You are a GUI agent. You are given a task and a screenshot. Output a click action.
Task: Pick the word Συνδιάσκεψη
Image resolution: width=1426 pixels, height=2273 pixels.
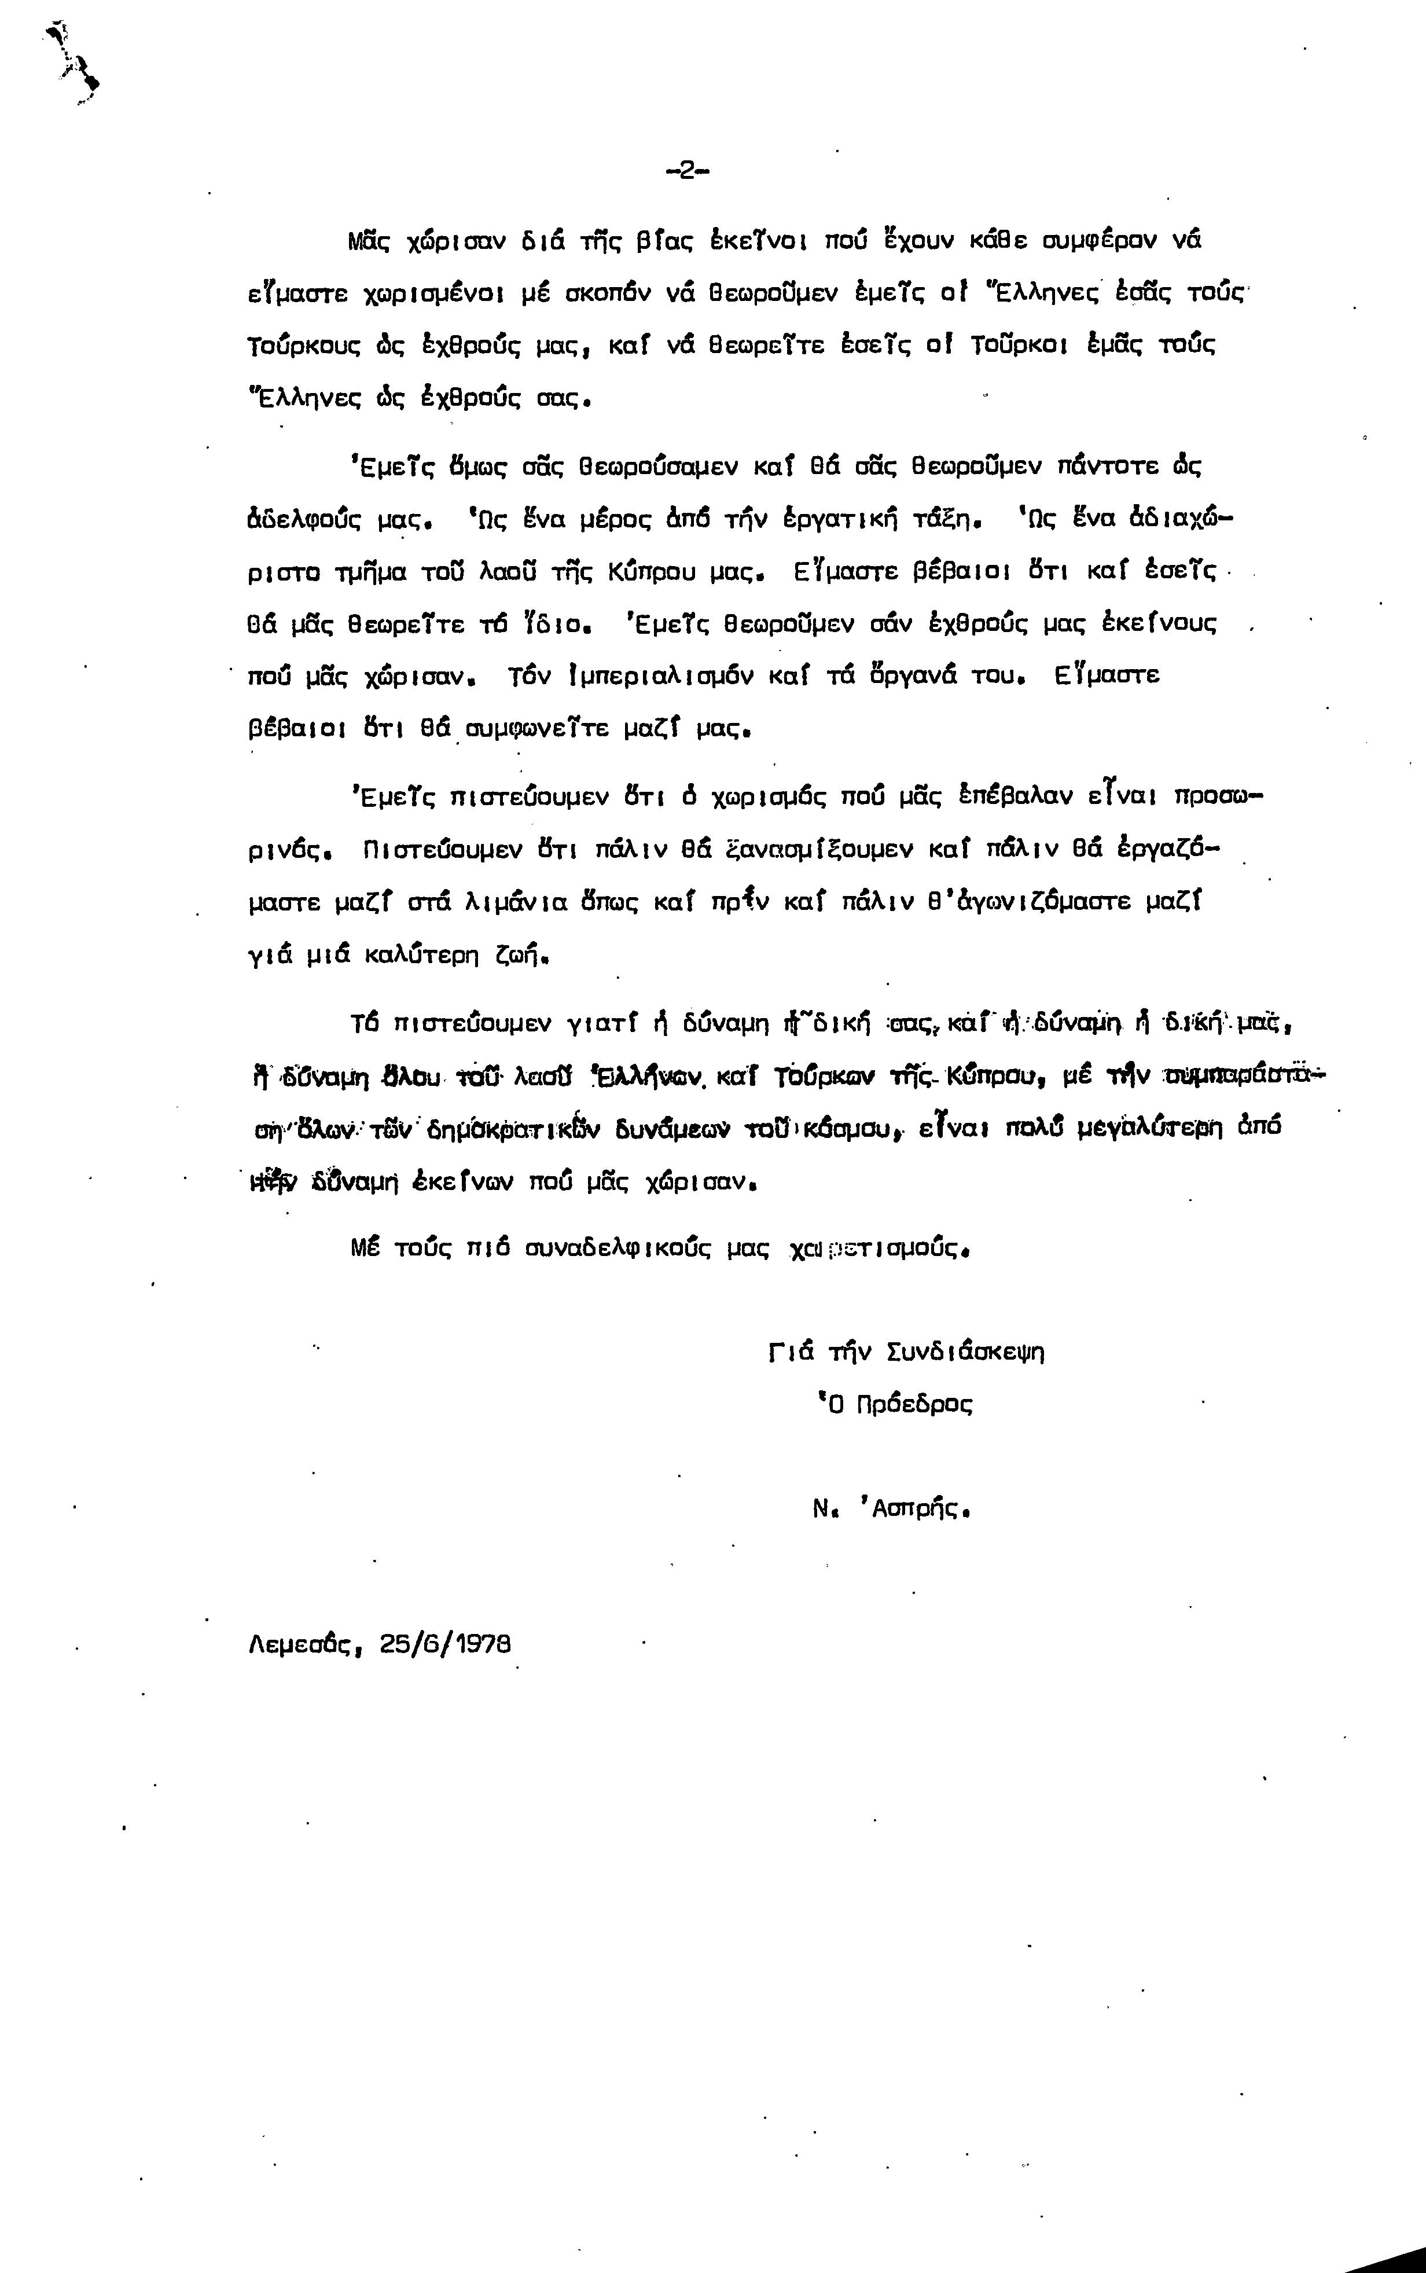(966, 1353)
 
